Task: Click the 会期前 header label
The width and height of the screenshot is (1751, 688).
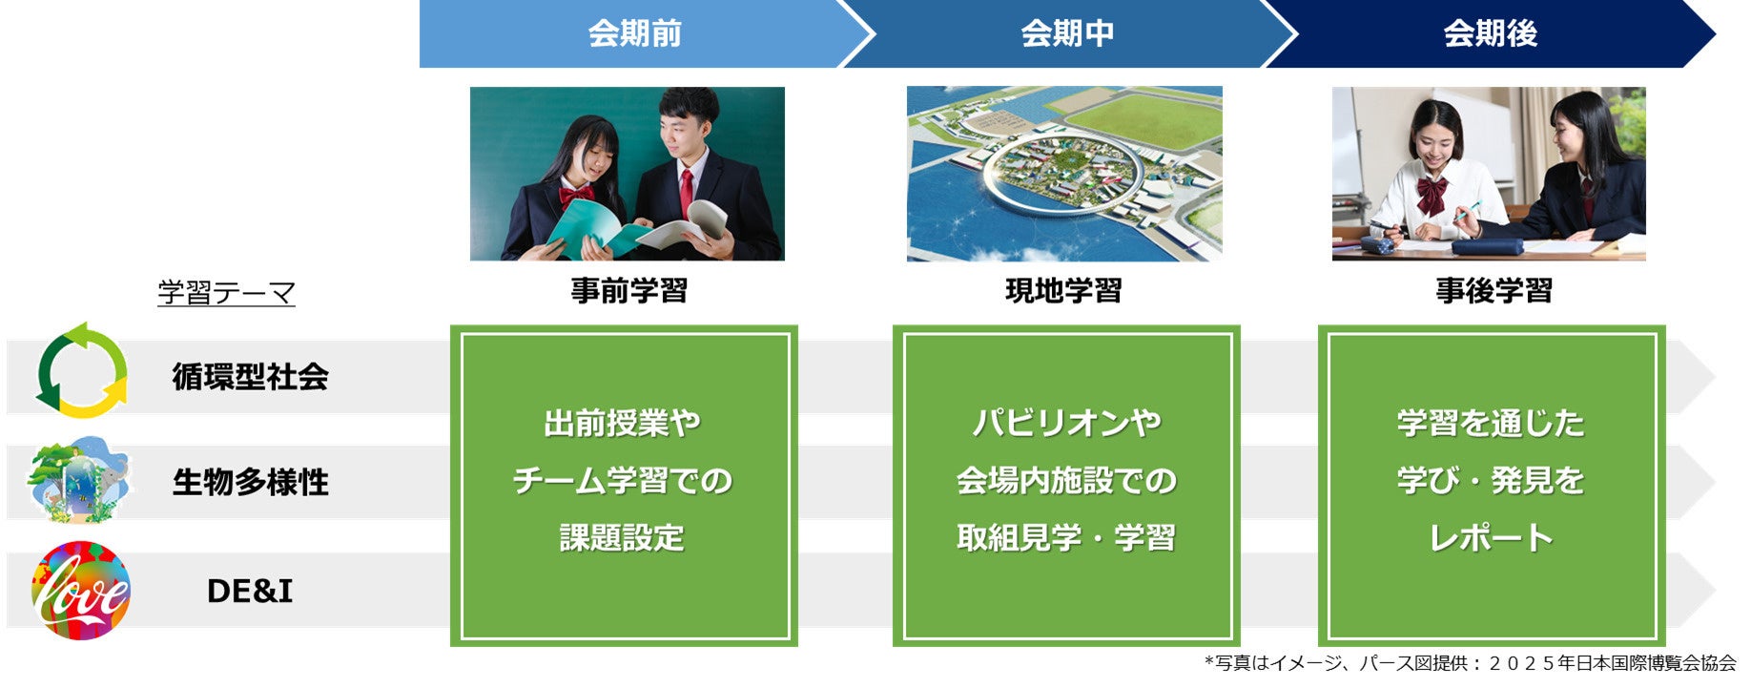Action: (634, 33)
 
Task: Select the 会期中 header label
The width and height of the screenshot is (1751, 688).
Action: (1066, 33)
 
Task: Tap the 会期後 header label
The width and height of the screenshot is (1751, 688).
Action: (1490, 33)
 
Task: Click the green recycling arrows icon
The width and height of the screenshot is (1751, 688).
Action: (82, 371)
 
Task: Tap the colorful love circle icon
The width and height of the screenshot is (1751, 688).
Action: (81, 590)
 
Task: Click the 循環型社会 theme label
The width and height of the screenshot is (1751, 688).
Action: (250, 377)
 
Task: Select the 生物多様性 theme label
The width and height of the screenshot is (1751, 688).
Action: (250, 482)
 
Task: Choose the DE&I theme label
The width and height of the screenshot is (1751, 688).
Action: (250, 592)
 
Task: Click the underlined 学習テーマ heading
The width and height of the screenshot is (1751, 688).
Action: (226, 292)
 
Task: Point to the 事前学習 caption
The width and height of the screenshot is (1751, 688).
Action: (628, 290)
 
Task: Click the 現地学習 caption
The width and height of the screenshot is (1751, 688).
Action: (1063, 290)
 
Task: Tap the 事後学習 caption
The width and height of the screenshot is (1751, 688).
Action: (1493, 290)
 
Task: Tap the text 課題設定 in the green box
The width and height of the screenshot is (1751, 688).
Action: (622, 538)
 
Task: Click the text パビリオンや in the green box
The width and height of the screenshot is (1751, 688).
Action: (1066, 423)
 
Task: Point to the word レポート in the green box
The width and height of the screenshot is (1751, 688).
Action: (1491, 538)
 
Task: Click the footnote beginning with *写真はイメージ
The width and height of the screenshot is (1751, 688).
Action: (1470, 663)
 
